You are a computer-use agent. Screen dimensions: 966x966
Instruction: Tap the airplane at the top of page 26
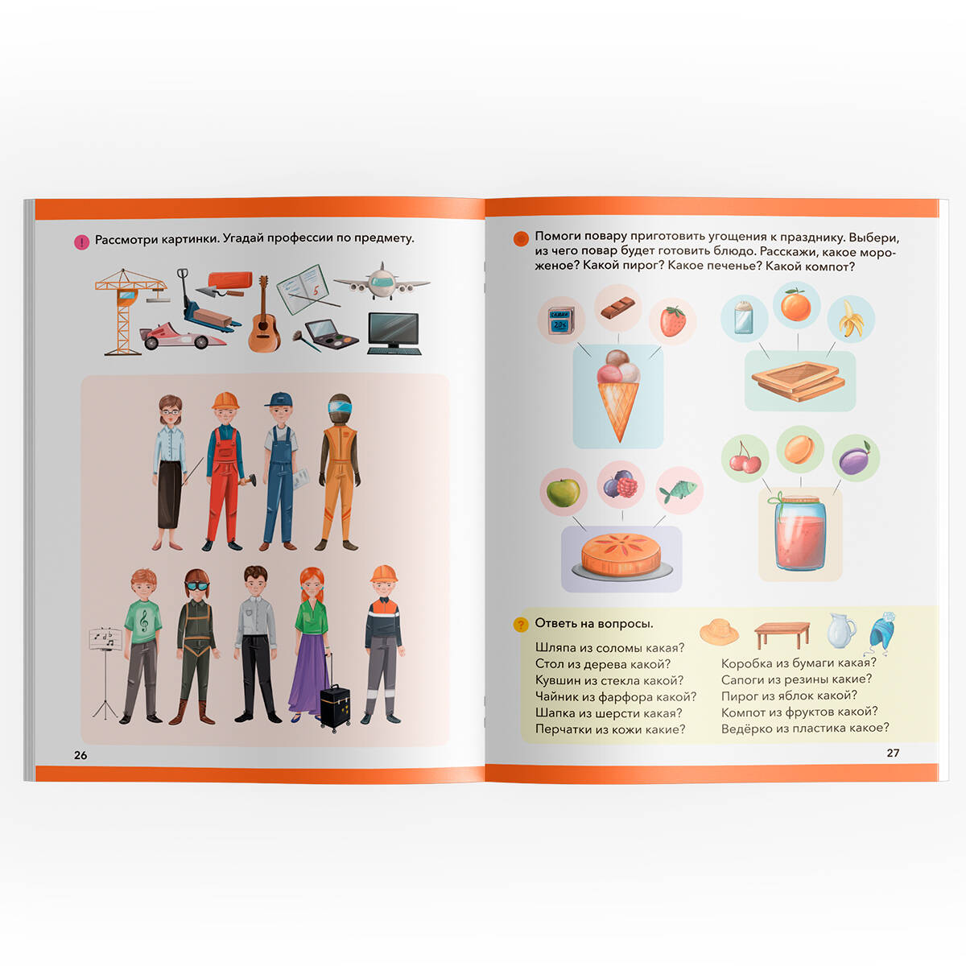382,283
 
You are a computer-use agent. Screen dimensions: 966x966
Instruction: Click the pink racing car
181,336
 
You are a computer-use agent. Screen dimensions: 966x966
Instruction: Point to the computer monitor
394,333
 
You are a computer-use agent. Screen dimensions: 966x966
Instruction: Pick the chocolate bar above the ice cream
618,308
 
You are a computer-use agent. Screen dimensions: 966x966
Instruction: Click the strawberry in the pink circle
672,321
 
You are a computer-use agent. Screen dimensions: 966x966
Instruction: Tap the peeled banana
851,319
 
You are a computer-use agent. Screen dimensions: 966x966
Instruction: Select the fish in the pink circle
679,491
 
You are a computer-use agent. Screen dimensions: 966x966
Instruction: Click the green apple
563,493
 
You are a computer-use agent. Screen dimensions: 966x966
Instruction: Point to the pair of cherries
745,458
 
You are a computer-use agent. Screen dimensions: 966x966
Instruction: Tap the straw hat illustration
719,631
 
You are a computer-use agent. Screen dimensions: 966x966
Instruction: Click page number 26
80,755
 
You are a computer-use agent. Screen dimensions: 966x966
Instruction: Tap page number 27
893,753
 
